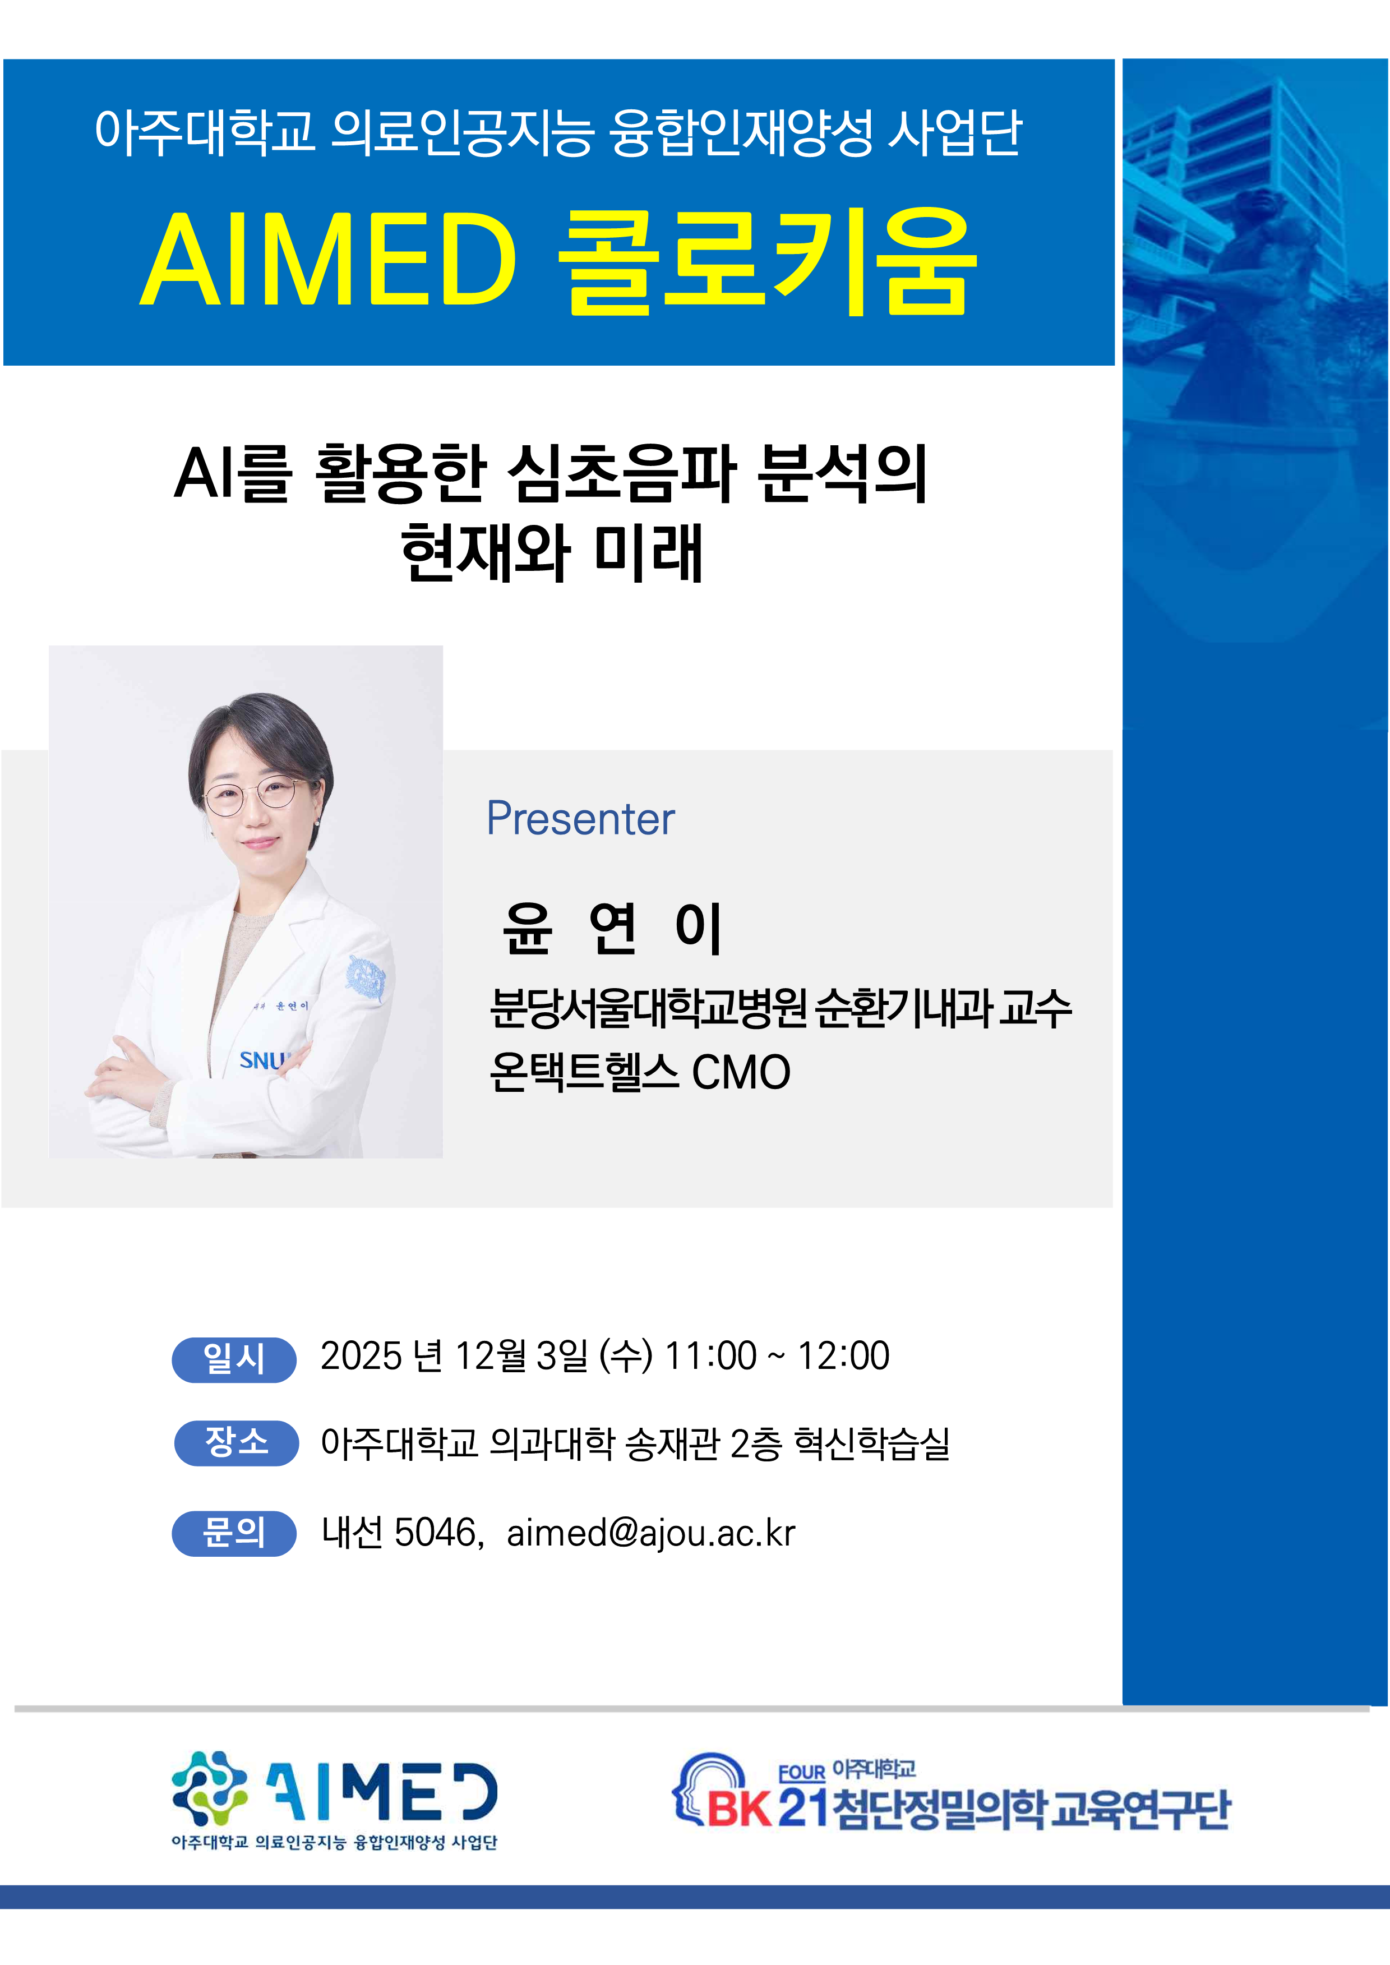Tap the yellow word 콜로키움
coord(767,260)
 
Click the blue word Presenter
coord(580,819)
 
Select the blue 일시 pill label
coord(234,1359)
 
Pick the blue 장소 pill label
coord(236,1443)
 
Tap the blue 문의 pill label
coord(234,1533)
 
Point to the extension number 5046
coord(435,1532)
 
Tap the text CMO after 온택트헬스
coord(741,1072)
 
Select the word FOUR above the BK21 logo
coord(801,1773)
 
